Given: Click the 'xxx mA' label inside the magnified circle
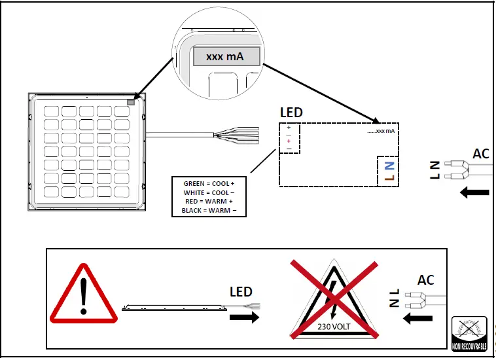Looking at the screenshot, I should [226, 57].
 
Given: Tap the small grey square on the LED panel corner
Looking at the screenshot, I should [130, 101].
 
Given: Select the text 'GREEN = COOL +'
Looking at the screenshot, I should [209, 184].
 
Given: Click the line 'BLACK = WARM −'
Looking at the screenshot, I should [209, 210].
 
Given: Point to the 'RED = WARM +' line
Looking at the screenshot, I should [209, 202].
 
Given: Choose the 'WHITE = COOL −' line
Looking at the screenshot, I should [209, 193].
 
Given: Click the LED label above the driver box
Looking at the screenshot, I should [291, 113].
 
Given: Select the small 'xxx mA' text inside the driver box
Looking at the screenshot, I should [381, 131].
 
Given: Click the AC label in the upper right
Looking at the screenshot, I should [481, 154].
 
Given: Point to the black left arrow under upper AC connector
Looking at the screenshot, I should [474, 192].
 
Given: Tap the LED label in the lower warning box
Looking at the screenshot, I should [241, 292].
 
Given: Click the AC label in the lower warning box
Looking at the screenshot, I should [426, 280].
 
